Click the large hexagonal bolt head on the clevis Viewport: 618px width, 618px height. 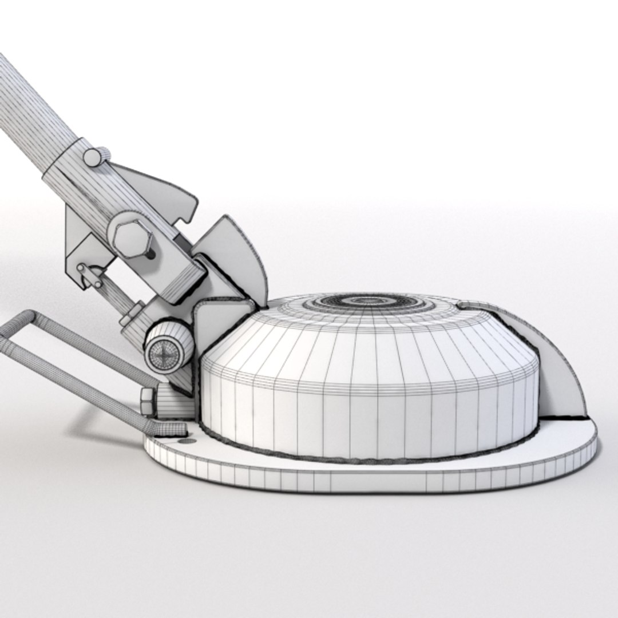click(x=131, y=236)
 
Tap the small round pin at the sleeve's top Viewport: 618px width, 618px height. click(x=95, y=157)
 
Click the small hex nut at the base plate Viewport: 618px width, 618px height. click(x=147, y=401)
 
